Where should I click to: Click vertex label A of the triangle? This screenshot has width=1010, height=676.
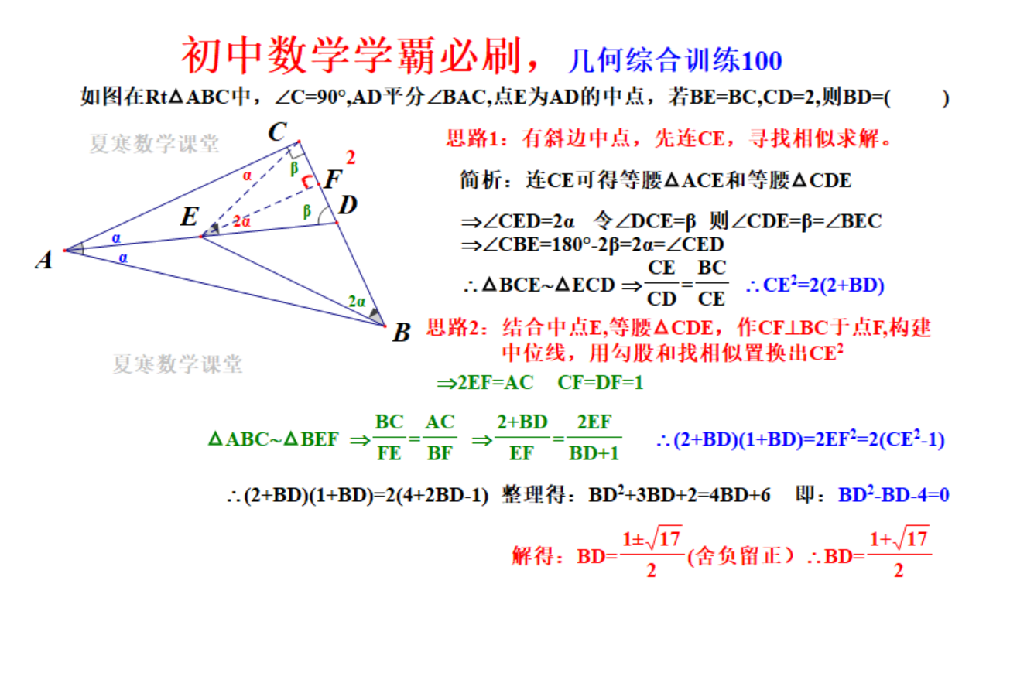pos(44,260)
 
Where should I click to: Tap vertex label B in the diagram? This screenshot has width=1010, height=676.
pos(402,333)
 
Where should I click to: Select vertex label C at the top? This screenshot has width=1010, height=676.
pos(277,132)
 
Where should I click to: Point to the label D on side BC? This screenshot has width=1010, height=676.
pos(348,205)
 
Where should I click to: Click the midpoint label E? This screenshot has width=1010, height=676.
pos(190,217)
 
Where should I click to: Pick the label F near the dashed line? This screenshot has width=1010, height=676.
pos(334,179)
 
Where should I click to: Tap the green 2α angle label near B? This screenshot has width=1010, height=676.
pos(357,301)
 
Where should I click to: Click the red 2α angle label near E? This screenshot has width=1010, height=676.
pos(241,221)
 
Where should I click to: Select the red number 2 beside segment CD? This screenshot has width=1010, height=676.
pos(351,157)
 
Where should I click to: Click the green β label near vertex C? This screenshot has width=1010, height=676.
pos(294,169)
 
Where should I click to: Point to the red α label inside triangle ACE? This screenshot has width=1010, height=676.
pos(247,176)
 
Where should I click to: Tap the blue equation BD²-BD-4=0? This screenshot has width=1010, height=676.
pos(894,494)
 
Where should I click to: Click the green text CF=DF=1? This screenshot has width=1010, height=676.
pos(600,383)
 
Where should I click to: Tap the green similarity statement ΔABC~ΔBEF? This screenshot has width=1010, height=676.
pos(273,439)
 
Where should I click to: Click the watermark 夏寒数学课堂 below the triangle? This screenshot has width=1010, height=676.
pos(177,364)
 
